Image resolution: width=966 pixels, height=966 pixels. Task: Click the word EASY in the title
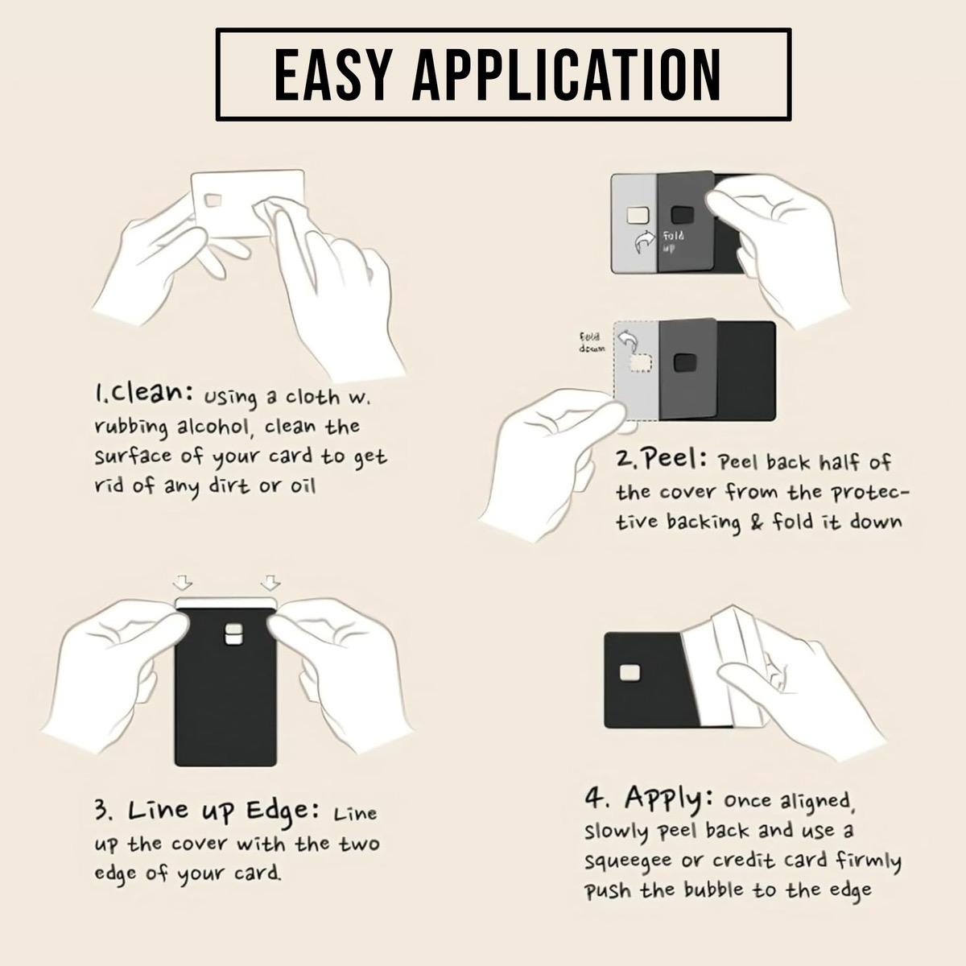[332, 75]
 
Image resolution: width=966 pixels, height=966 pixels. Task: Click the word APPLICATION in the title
[567, 75]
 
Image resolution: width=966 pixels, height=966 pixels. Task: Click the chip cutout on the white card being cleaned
[213, 200]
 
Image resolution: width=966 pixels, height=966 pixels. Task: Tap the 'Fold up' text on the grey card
[673, 242]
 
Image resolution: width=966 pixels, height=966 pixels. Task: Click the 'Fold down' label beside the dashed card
[592, 342]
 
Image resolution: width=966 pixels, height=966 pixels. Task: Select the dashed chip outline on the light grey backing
[640, 363]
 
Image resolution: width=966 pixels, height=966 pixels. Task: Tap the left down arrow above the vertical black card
[183, 582]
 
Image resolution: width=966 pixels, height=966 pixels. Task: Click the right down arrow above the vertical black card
[270, 582]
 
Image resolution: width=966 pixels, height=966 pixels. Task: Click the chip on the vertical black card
[233, 634]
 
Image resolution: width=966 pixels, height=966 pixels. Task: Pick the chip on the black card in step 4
[630, 672]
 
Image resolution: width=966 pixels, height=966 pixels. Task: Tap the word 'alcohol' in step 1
[213, 427]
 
